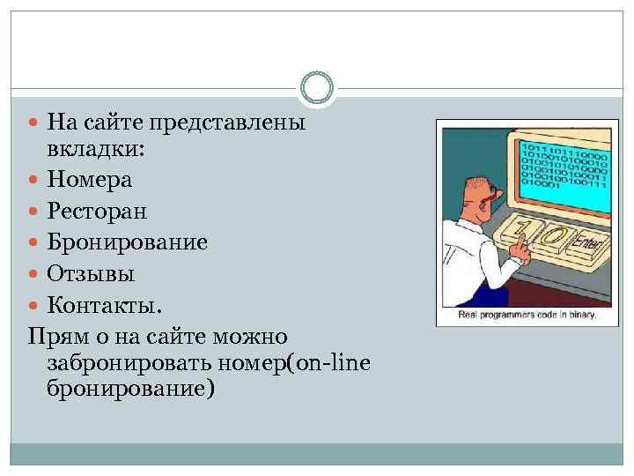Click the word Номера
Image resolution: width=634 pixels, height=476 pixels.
click(x=90, y=180)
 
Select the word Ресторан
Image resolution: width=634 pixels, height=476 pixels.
click(x=97, y=211)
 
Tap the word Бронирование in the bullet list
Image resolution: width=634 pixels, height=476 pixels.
click(x=128, y=242)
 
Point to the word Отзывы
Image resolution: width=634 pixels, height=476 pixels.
click(x=91, y=273)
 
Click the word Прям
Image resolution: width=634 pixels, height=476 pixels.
click(x=55, y=335)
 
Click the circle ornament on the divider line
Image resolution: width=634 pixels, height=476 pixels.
click(x=316, y=87)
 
